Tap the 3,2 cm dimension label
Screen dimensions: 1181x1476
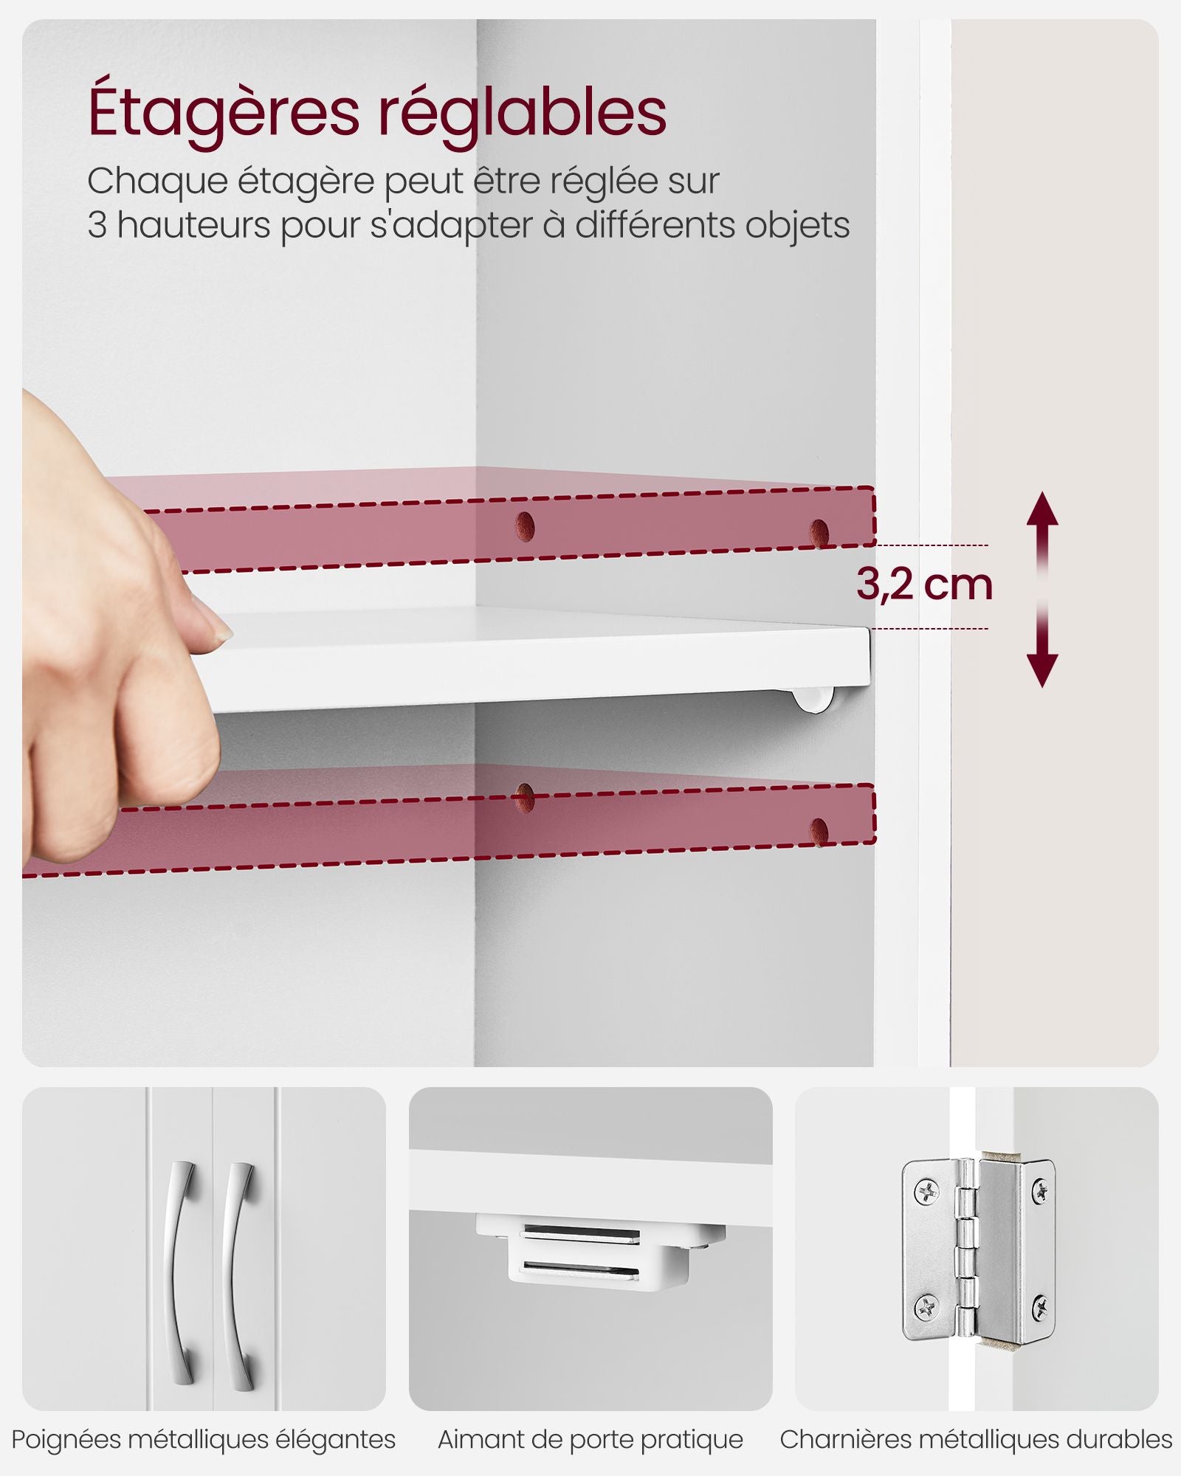click(x=924, y=584)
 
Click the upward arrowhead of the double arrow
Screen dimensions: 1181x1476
click(x=1042, y=508)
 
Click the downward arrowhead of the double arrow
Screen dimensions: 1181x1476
click(x=1042, y=671)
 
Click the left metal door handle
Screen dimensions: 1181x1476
click(x=182, y=1272)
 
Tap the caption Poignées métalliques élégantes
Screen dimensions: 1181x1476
click(x=204, y=1439)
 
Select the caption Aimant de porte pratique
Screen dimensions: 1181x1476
click(x=590, y=1439)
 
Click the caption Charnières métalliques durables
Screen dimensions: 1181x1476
click(x=976, y=1439)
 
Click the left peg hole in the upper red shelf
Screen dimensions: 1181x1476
click(x=525, y=525)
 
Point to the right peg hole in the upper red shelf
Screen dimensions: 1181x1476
click(x=819, y=532)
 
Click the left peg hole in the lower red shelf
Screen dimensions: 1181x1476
click(x=524, y=798)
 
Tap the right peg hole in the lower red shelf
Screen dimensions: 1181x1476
click(x=819, y=832)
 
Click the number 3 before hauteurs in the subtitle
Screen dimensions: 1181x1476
click(x=97, y=225)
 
